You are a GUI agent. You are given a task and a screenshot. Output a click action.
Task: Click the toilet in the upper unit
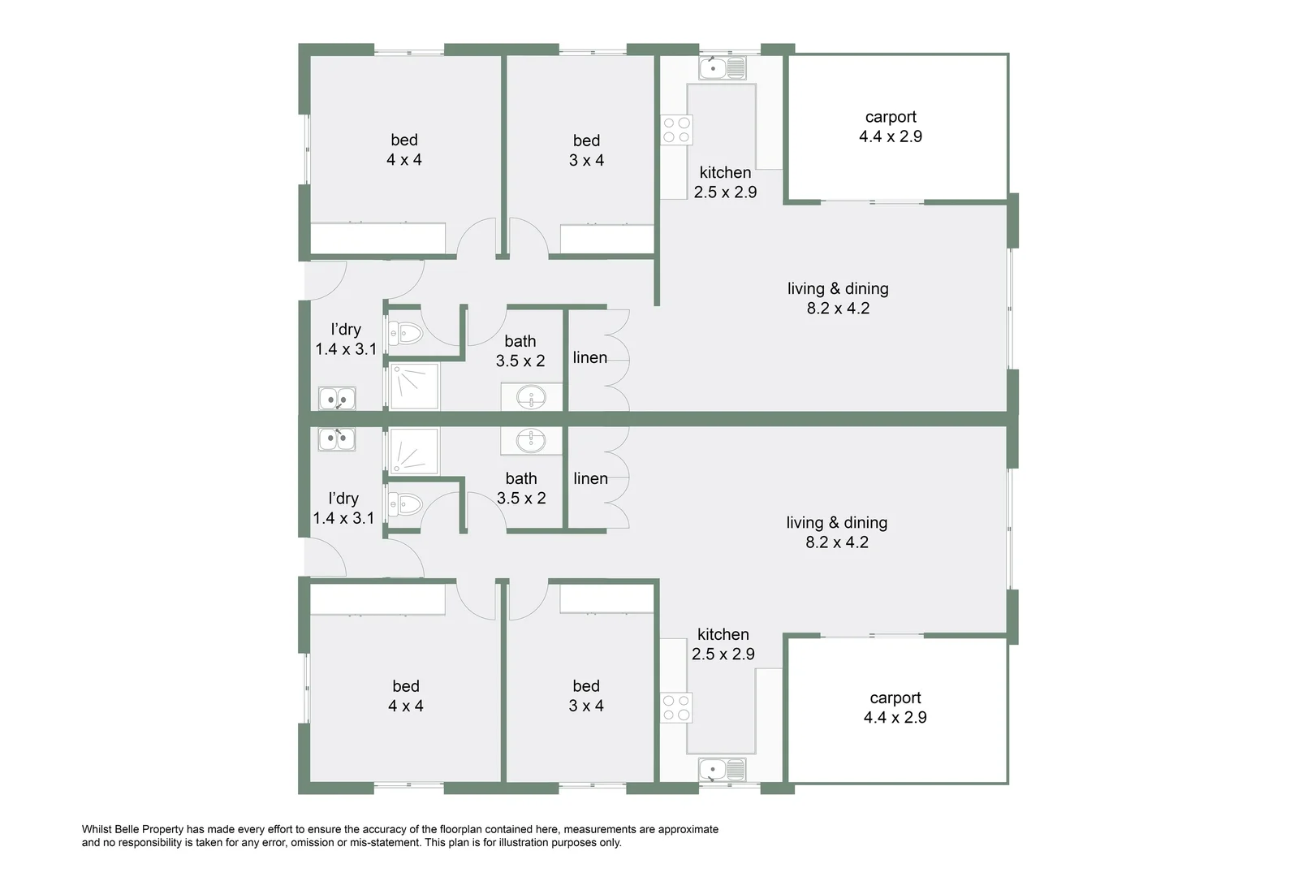[405, 333]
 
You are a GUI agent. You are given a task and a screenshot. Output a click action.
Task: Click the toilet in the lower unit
[405, 505]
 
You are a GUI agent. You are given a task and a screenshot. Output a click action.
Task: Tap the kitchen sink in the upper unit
[722, 67]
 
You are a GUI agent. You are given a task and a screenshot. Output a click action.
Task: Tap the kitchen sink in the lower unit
[722, 769]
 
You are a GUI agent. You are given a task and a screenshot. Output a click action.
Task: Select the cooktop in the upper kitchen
[677, 130]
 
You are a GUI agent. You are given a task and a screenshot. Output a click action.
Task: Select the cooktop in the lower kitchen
[676, 707]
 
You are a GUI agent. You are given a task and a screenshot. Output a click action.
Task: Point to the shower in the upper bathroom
[414, 387]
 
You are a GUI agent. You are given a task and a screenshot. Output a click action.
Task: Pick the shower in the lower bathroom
[414, 451]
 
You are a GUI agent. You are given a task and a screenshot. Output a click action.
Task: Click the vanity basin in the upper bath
[532, 398]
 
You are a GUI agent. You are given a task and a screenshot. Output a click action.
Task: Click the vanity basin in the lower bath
[532, 440]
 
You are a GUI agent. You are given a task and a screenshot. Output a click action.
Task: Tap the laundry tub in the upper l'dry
[337, 399]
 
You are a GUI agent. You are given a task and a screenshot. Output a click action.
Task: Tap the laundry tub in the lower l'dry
[336, 439]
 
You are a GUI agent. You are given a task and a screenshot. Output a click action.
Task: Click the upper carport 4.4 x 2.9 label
[891, 127]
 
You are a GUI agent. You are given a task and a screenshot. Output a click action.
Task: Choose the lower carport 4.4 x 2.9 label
[895, 707]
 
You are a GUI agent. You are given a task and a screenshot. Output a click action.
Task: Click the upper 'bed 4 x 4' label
[404, 150]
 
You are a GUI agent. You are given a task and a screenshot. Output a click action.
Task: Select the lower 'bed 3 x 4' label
[586, 696]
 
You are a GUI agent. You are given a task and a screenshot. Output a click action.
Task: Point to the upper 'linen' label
[590, 357]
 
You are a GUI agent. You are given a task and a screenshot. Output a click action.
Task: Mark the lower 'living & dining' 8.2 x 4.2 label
[837, 533]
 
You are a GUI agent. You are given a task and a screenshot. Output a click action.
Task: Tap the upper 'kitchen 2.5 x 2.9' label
[725, 182]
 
